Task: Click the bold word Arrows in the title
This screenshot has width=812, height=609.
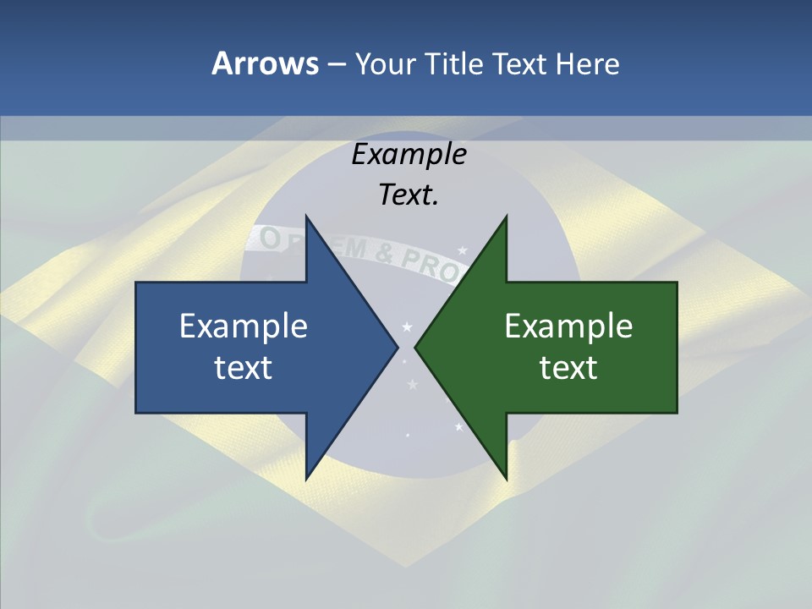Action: (265, 63)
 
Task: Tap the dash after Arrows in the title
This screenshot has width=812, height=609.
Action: (337, 64)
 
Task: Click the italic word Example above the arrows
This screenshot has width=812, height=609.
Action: (409, 155)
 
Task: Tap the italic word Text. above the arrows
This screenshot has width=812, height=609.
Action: (409, 195)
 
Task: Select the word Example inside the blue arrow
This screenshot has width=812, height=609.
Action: (244, 326)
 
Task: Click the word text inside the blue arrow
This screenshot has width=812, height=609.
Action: (244, 367)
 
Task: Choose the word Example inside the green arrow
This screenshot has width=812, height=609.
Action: (568, 326)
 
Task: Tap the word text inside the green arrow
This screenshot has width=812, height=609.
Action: (568, 367)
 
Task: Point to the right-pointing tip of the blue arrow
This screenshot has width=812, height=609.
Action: (397, 347)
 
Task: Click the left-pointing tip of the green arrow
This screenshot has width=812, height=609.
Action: (416, 347)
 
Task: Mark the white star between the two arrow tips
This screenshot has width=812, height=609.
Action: (407, 326)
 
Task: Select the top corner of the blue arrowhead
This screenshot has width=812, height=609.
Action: (306, 217)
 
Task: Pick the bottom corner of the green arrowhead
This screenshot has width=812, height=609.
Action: (506, 478)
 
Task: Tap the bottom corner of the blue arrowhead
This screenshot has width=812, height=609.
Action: (306, 478)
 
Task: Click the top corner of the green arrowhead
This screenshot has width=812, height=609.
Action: (506, 217)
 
